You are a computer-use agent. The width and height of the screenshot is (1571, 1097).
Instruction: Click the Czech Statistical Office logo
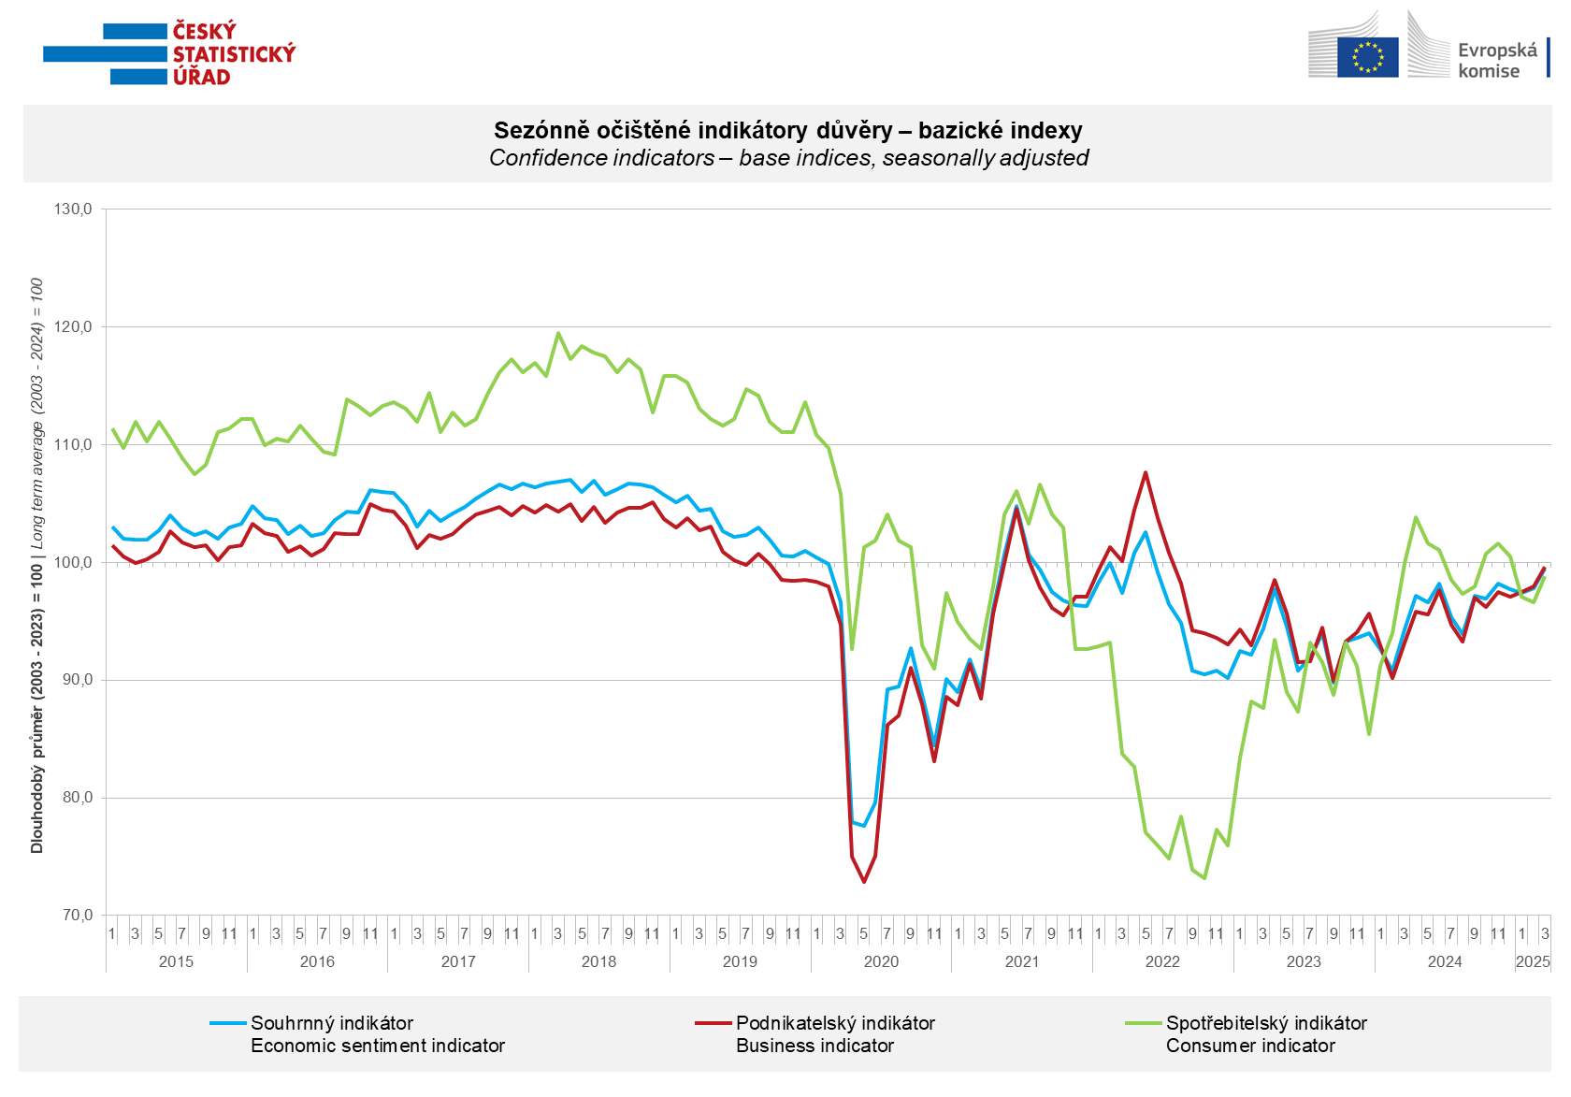point(170,52)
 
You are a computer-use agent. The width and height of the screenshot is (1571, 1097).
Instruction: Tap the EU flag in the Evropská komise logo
point(1367,57)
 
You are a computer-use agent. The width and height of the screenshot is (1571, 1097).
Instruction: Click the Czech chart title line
point(787,130)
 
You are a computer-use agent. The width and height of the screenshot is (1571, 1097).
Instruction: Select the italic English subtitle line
point(787,158)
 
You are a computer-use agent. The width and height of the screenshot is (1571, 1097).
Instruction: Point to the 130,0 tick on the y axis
point(73,209)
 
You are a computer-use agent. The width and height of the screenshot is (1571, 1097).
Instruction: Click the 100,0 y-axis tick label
point(73,562)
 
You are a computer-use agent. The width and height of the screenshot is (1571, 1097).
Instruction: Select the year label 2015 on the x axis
point(176,961)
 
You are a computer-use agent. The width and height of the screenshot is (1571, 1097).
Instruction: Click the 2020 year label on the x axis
point(880,961)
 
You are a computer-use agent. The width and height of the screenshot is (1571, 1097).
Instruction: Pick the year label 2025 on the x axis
point(1532,961)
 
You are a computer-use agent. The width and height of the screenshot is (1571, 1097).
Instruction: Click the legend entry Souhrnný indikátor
point(331,1023)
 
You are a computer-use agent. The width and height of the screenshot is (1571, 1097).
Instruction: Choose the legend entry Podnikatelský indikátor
point(834,1023)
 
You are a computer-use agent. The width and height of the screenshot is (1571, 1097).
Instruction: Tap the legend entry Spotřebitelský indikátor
point(1265,1023)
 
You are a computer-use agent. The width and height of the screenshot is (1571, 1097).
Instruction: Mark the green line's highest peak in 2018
point(558,332)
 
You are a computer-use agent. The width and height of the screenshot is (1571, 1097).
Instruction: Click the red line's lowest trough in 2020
point(863,881)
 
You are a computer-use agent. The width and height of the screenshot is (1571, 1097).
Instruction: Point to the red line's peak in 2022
point(1146,472)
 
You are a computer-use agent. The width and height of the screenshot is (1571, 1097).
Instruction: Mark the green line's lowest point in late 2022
point(1204,878)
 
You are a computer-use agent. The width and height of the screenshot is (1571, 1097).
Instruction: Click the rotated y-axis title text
point(36,564)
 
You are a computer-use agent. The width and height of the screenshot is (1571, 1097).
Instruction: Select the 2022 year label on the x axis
point(1162,961)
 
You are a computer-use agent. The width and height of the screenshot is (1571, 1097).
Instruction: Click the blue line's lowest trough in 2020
point(863,826)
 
